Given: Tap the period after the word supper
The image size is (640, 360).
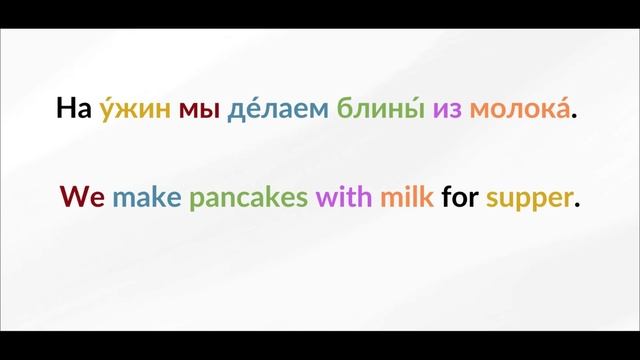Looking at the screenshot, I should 578,205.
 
